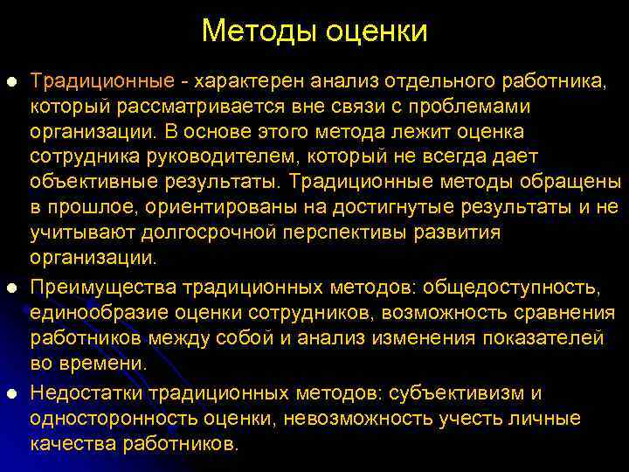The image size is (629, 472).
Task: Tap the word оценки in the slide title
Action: (377, 31)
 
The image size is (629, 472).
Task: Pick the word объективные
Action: (97, 182)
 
